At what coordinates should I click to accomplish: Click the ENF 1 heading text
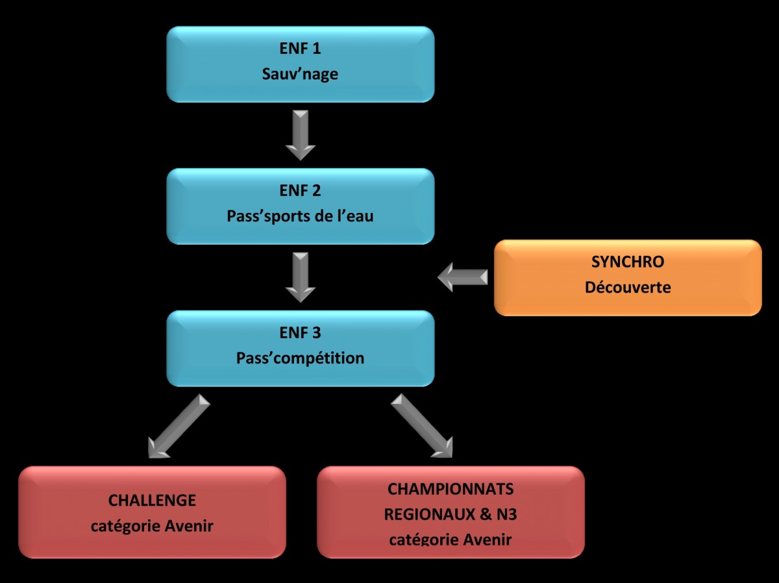pyautogui.click(x=300, y=49)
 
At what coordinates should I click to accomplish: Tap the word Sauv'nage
pyautogui.click(x=300, y=74)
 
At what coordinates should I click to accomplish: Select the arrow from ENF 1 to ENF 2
pyautogui.click(x=300, y=135)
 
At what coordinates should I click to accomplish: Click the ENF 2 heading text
pyautogui.click(x=300, y=191)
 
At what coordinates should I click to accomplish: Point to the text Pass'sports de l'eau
pyautogui.click(x=300, y=216)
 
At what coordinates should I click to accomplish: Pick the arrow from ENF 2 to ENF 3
pyautogui.click(x=300, y=277)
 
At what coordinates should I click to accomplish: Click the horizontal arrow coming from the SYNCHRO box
pyautogui.click(x=462, y=277)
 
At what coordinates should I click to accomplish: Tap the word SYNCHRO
pyautogui.click(x=628, y=262)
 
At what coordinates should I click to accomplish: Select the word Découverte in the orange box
pyautogui.click(x=628, y=287)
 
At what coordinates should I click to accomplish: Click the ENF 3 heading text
pyautogui.click(x=300, y=333)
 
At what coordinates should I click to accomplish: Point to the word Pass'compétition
pyautogui.click(x=300, y=358)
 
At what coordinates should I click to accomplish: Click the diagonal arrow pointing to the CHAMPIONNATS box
pyautogui.click(x=422, y=426)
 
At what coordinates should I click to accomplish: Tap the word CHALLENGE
pyautogui.click(x=152, y=501)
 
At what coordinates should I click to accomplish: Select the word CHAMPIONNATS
pyautogui.click(x=451, y=489)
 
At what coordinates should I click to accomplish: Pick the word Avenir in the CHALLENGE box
pyautogui.click(x=186, y=526)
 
